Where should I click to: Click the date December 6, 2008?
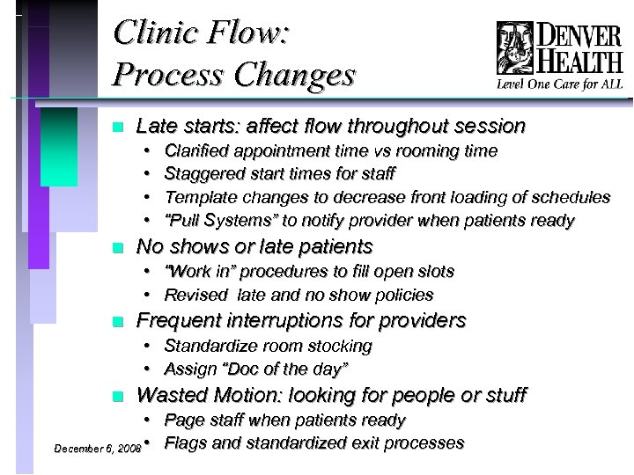coord(97,449)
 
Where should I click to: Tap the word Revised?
coord(195,296)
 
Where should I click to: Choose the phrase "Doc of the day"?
coord(297,369)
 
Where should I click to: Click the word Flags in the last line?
coord(184,442)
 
